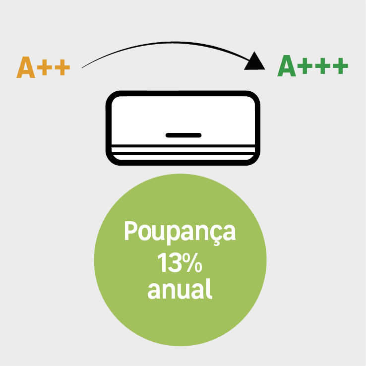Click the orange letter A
click(x=26, y=67)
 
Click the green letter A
click(x=287, y=65)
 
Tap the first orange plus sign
click(x=44, y=67)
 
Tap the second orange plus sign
click(x=62, y=67)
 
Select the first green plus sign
click(x=305, y=66)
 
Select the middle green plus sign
click(x=322, y=66)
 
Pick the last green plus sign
click(x=341, y=66)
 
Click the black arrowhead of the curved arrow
click(x=255, y=62)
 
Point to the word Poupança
click(x=180, y=233)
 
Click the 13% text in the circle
click(x=180, y=262)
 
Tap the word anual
click(x=180, y=289)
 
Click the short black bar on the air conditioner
click(x=183, y=135)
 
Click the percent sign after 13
click(x=192, y=262)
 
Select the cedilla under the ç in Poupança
click(x=217, y=243)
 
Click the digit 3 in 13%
click(x=175, y=262)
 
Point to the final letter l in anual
click(x=209, y=289)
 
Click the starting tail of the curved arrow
click(x=82, y=68)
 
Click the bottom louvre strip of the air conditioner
click(x=183, y=157)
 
